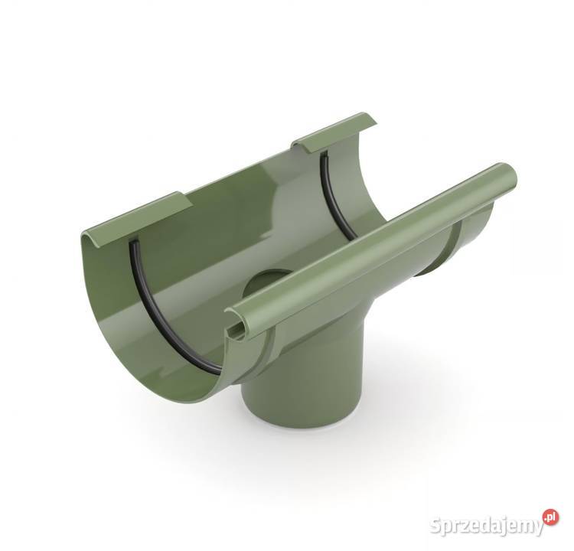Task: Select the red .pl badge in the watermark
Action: click(549, 517)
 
